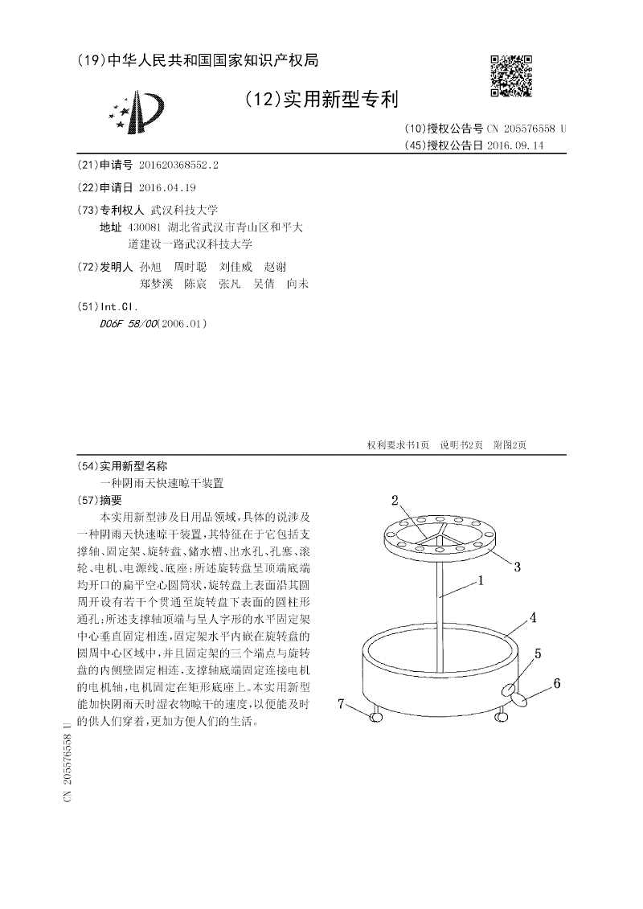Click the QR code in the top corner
click(x=511, y=76)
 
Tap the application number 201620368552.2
click(x=178, y=165)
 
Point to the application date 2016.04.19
click(x=167, y=187)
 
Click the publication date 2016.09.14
click(x=515, y=145)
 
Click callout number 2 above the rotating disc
click(x=395, y=501)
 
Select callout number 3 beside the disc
click(x=518, y=567)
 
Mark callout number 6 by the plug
click(x=556, y=684)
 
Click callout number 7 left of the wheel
click(x=342, y=704)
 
